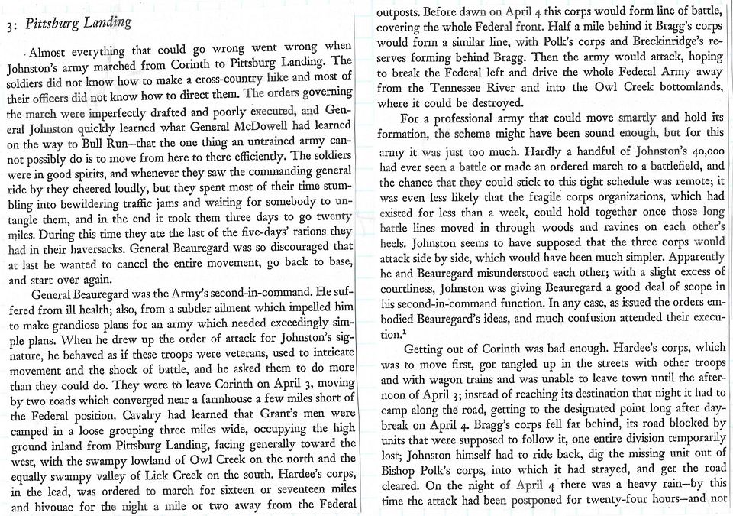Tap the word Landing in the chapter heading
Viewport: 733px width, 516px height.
(107, 23)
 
